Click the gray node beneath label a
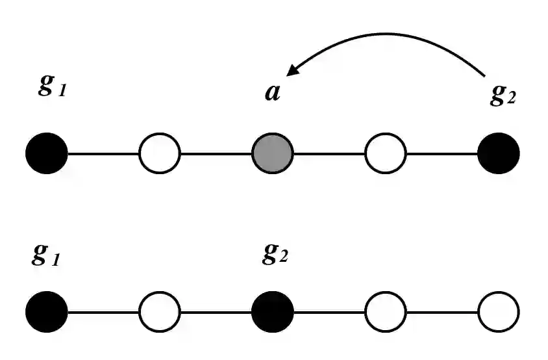tap(273, 155)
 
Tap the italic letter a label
tap(273, 92)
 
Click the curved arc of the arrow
tap(390, 34)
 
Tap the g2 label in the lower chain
tap(275, 253)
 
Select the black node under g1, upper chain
tap(47, 155)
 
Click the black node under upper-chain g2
tap(499, 155)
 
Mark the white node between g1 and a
tap(160, 155)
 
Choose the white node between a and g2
tap(386, 155)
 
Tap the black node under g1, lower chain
tap(47, 312)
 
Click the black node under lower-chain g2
tap(273, 312)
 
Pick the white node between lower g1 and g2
tap(160, 312)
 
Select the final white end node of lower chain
tap(499, 312)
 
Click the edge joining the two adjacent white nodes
tap(442, 312)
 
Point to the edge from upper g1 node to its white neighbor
tap(103, 155)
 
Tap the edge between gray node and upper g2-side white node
tap(329, 155)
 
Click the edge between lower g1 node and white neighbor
tap(103, 312)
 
